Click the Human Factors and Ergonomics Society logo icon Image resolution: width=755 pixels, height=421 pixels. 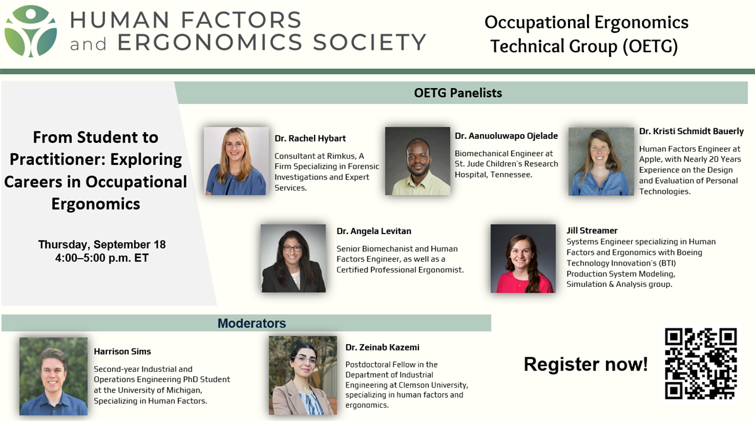(30, 31)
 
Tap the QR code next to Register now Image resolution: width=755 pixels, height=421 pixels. (701, 363)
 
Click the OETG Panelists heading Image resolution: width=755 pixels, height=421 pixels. (458, 93)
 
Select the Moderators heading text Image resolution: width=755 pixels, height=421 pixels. (252, 323)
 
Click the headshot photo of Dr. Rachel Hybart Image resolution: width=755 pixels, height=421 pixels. (237, 160)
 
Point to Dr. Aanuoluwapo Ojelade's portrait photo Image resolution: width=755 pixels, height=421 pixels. (418, 160)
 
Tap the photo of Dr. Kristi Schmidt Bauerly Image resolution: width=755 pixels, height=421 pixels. (601, 162)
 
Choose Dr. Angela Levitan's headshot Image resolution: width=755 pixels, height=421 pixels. (293, 258)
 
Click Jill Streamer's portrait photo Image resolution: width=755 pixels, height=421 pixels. (523, 259)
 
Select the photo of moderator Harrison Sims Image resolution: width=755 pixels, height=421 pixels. (53, 376)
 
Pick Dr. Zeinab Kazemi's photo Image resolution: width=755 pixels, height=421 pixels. (303, 376)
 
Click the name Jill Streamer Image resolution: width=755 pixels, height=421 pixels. (592, 230)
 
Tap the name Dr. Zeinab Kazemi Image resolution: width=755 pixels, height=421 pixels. (383, 347)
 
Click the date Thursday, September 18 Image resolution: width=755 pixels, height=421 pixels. (102, 244)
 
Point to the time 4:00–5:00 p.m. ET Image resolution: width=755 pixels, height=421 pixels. (102, 258)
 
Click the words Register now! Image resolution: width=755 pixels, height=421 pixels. (586, 364)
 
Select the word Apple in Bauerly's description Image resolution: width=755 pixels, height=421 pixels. (649, 159)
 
